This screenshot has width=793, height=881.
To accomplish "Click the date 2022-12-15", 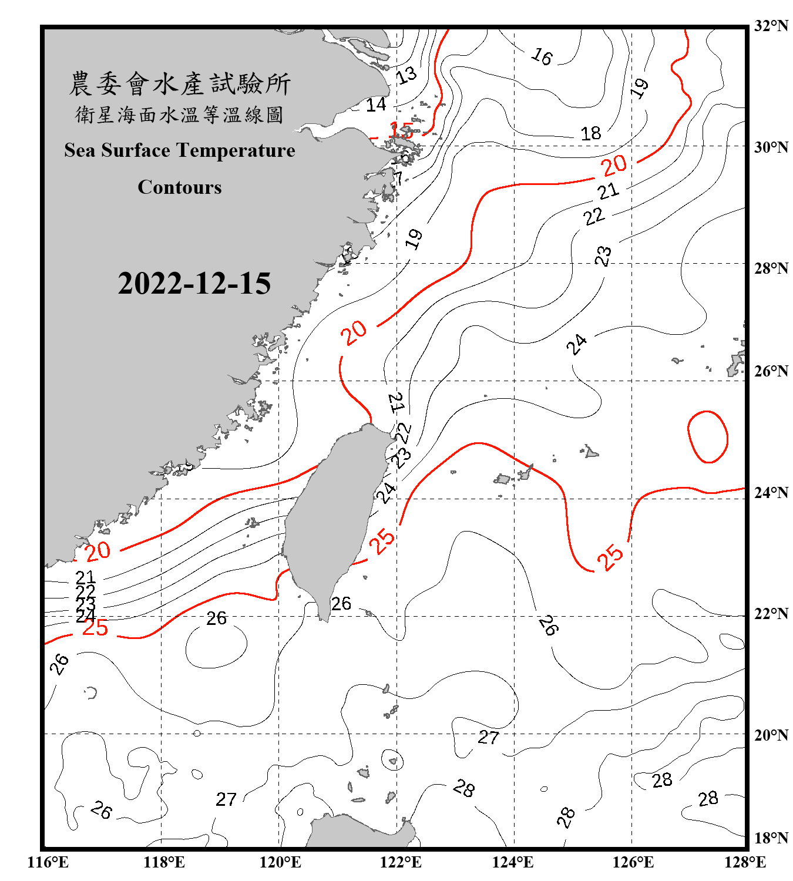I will click(x=194, y=284).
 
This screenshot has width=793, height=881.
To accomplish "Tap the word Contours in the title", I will click(x=180, y=187).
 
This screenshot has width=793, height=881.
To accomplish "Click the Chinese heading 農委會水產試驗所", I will click(x=180, y=83).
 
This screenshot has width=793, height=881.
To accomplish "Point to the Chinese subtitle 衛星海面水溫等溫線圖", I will click(x=180, y=115).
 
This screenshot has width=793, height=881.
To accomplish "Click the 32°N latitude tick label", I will click(x=771, y=26).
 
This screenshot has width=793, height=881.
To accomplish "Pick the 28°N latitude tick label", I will click(x=771, y=268).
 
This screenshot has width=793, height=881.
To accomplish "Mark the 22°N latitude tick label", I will click(x=771, y=614).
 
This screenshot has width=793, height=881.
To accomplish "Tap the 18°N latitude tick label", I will click(x=771, y=838).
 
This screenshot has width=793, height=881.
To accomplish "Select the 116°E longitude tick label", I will click(x=48, y=862).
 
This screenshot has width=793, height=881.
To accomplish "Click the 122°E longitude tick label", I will click(x=401, y=862).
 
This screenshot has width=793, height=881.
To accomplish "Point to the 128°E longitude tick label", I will click(x=745, y=862).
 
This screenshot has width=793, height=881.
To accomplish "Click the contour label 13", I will click(x=406, y=75).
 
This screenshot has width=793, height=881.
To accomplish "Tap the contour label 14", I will click(x=376, y=105).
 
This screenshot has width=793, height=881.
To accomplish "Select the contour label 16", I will click(x=542, y=56).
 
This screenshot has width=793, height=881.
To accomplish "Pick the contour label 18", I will click(x=590, y=133).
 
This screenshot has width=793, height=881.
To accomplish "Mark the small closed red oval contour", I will click(x=707, y=437).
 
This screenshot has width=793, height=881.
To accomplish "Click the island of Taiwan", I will click(x=335, y=517).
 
